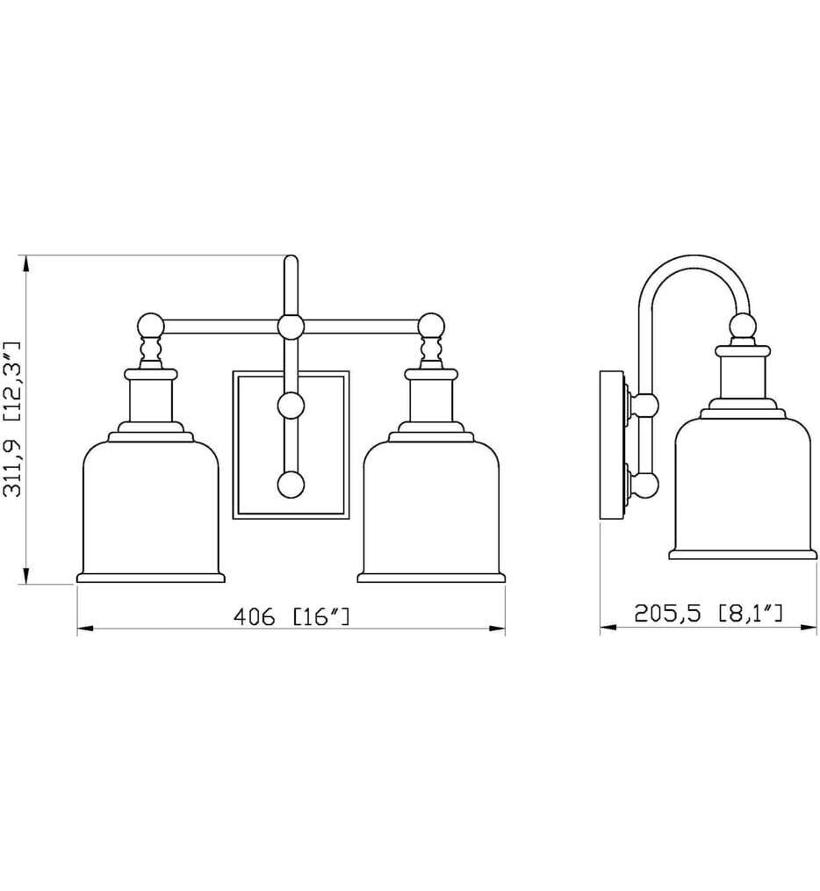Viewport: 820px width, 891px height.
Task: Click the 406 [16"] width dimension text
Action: [291, 616]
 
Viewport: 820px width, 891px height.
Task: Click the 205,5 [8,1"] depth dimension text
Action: [708, 613]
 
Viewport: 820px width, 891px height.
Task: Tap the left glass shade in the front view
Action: [151, 507]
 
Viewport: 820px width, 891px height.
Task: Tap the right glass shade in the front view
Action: [431, 507]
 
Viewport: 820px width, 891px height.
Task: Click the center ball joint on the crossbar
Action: [291, 327]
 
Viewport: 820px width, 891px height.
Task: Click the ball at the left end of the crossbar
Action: [151, 327]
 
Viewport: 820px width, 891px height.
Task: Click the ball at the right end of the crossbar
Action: [431, 327]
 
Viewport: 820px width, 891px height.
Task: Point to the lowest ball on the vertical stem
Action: [291, 485]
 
